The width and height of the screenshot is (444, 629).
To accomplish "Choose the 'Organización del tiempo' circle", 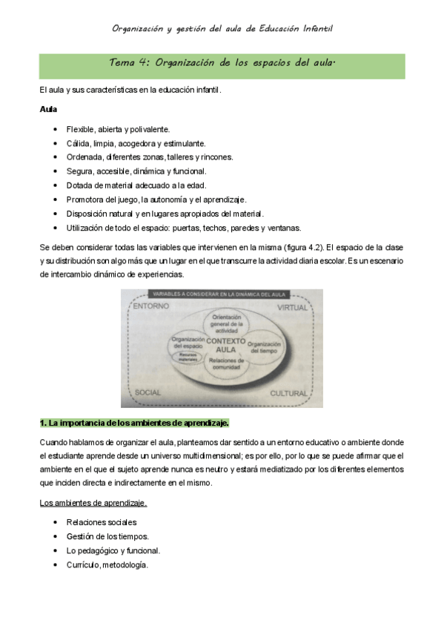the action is (x=264, y=347).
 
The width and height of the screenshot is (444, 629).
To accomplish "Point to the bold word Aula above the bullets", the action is (x=47, y=110).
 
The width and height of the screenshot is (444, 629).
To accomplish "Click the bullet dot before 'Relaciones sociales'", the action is (x=56, y=522).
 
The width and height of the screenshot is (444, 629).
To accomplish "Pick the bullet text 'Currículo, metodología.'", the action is (x=107, y=564).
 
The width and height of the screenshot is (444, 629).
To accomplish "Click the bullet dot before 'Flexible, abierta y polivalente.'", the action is (x=56, y=129).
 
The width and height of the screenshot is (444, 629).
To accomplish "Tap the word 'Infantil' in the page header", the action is (x=317, y=28).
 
